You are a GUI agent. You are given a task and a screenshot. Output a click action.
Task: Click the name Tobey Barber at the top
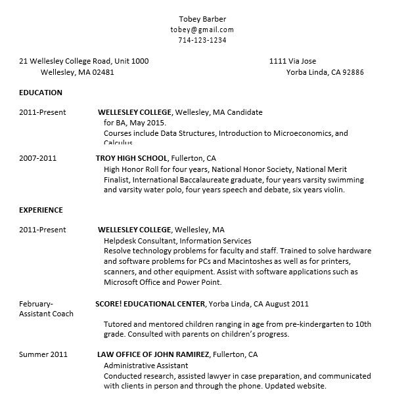(202, 19)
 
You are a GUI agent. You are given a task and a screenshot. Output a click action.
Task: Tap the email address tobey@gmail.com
(202, 30)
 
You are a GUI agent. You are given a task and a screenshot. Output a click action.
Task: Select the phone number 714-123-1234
(202, 40)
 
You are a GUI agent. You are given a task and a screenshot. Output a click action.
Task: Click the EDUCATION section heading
(41, 93)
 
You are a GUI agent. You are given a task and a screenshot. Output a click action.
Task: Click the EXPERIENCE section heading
(41, 210)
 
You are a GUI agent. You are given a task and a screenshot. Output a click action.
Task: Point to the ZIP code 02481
(103, 72)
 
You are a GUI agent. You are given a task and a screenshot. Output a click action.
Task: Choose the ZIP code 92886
(352, 72)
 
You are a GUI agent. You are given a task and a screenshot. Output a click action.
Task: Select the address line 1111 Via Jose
(293, 61)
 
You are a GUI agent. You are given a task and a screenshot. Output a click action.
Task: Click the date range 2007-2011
(38, 158)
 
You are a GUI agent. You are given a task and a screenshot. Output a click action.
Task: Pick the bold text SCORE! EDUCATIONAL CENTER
(150, 304)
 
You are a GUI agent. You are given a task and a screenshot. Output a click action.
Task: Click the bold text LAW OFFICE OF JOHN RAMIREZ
(153, 354)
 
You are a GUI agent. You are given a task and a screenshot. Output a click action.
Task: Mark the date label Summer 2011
(43, 354)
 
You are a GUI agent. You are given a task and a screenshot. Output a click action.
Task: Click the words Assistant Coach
(46, 314)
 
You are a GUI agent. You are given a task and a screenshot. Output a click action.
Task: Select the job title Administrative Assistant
(146, 366)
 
